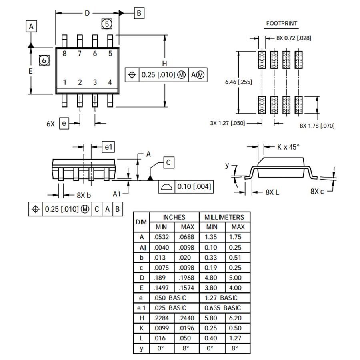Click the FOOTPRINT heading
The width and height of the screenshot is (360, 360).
(282, 23)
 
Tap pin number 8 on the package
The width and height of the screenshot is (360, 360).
(64, 54)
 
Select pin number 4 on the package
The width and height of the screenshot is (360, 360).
(110, 82)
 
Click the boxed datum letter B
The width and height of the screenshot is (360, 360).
(138, 13)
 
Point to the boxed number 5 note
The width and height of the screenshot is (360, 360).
(106, 24)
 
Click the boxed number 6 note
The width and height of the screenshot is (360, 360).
(44, 61)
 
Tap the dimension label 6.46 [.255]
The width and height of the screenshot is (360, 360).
(238, 82)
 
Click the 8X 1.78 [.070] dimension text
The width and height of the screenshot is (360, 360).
(317, 126)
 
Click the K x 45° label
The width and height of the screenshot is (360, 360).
(288, 147)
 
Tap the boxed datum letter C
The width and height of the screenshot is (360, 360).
(168, 162)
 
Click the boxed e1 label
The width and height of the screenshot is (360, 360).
(108, 147)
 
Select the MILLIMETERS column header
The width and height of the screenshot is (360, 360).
(224, 217)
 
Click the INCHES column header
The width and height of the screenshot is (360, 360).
(174, 217)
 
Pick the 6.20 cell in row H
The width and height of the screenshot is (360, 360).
(235, 318)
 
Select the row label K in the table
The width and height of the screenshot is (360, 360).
(141, 328)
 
